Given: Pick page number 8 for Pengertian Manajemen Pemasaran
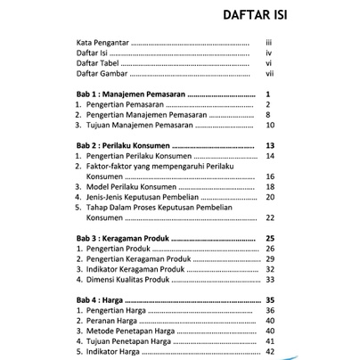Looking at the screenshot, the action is pos(268,115).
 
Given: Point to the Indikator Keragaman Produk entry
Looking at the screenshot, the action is pos(141,270).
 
